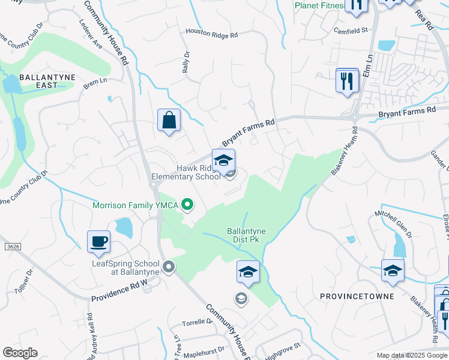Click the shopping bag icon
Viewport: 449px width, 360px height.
pyautogui.click(x=169, y=119)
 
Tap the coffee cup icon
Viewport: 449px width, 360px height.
pyautogui.click(x=99, y=242)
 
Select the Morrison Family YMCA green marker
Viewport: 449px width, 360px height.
pyautogui.click(x=187, y=206)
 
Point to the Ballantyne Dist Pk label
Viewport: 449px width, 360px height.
pyautogui.click(x=246, y=235)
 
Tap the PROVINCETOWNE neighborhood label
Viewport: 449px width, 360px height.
pyautogui.click(x=357, y=296)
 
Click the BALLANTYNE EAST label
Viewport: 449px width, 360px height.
pyautogui.click(x=38, y=81)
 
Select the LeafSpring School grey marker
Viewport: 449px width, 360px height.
pyautogui.click(x=169, y=266)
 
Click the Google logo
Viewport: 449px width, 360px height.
pyautogui.click(x=20, y=353)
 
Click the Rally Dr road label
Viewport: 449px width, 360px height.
pyautogui.click(x=186, y=62)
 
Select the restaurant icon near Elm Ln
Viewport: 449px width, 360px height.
pyautogui.click(x=347, y=81)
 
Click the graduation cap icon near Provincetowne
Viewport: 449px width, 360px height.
pyautogui.click(x=393, y=271)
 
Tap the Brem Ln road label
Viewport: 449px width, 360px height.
pyautogui.click(x=95, y=83)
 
